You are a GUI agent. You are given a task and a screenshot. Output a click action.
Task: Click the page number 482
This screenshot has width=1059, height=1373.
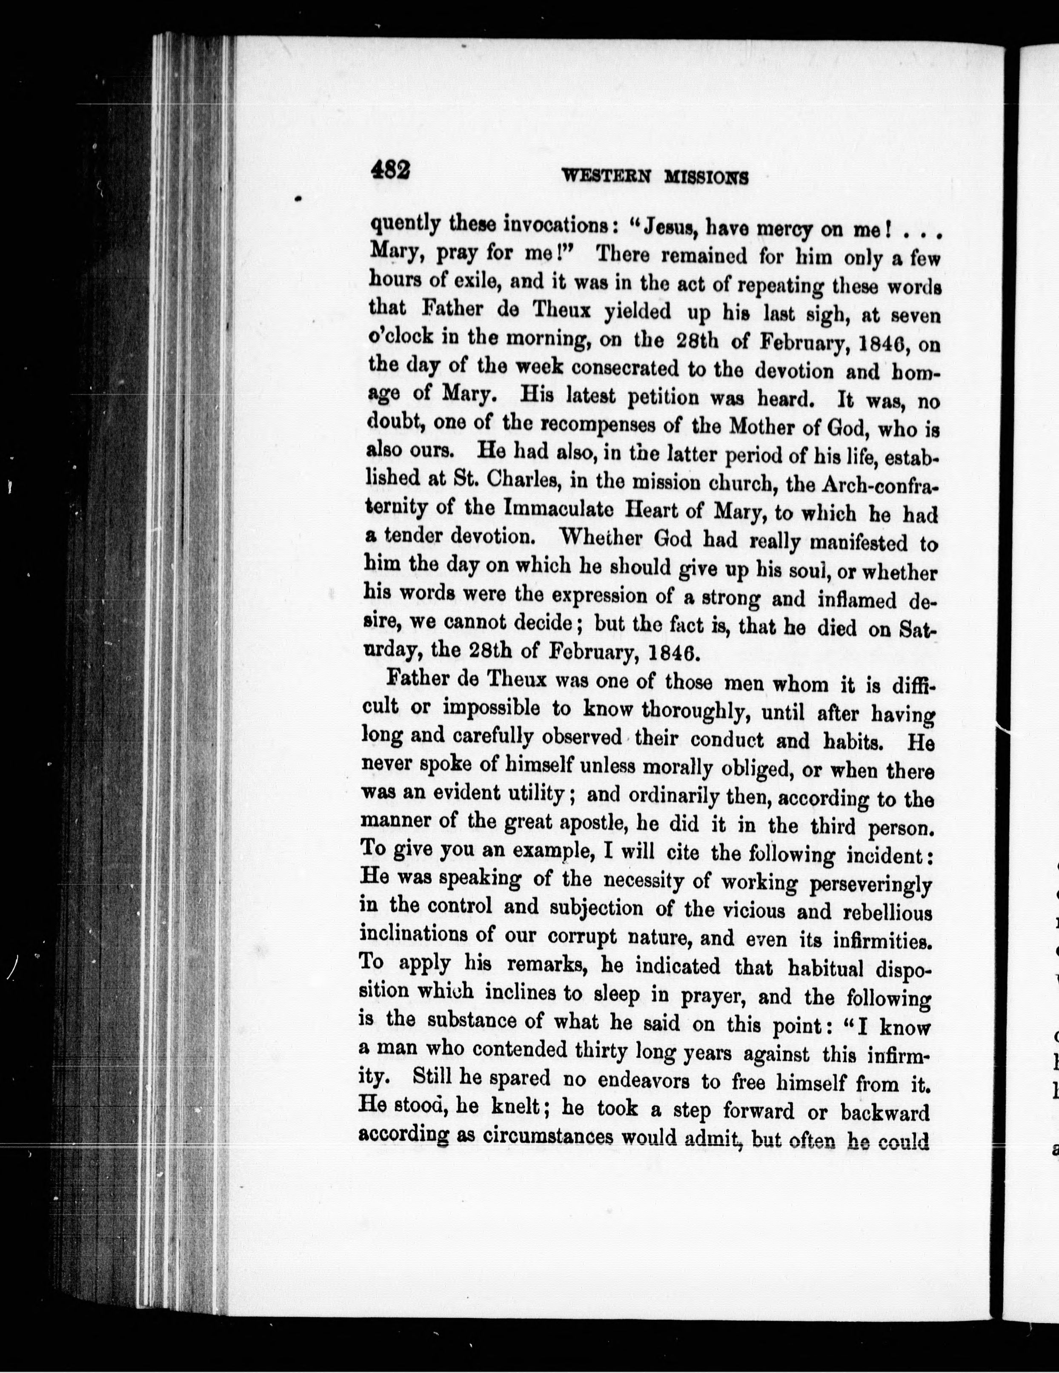click(x=390, y=170)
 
